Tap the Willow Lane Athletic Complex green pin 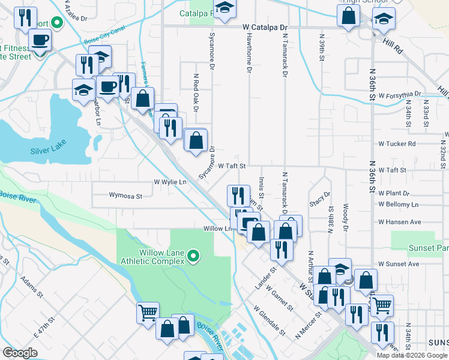(193, 257)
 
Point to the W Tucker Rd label (397, 144)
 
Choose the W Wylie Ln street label (170, 181)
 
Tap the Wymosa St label (125, 195)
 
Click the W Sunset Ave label (399, 264)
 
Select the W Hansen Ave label (400, 222)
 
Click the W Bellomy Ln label (399, 205)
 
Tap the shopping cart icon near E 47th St (148, 311)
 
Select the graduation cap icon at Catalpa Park (225, 8)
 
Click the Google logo (20, 353)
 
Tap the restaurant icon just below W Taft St (238, 194)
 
